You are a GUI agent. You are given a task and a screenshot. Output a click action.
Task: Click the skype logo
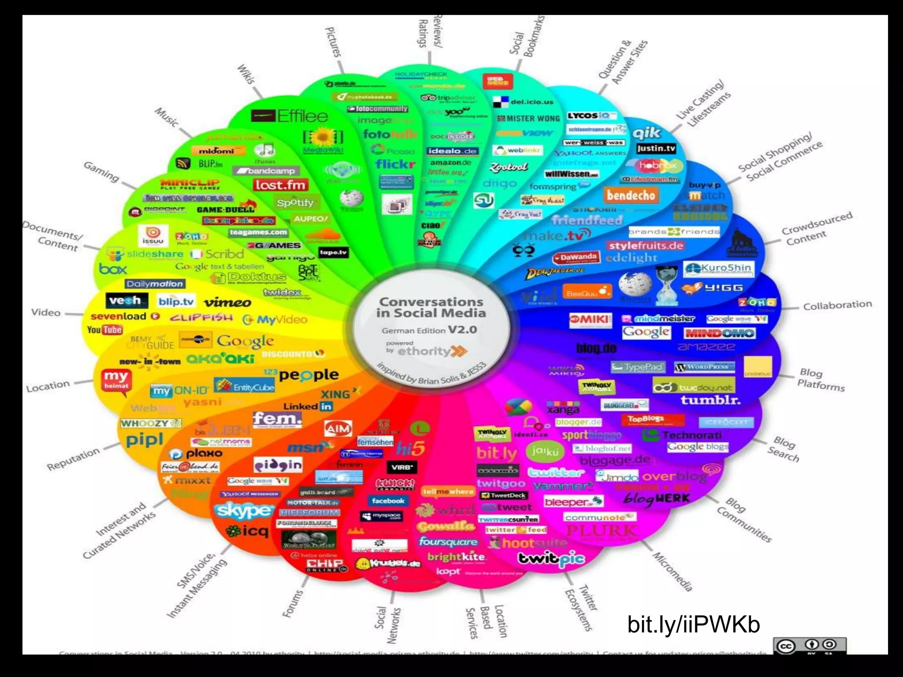[243, 510]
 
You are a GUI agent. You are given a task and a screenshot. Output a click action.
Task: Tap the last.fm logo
[280, 185]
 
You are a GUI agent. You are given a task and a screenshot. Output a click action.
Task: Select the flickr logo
[395, 164]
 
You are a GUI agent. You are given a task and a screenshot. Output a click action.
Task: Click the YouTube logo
[104, 330]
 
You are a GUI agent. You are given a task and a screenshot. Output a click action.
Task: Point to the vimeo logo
[228, 302]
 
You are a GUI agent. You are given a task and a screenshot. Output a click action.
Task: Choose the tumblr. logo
[710, 400]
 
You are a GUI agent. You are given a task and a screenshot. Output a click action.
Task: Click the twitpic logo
[551, 559]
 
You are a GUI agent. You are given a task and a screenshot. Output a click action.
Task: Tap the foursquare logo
[448, 541]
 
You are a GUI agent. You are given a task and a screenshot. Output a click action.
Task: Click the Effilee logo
[290, 116]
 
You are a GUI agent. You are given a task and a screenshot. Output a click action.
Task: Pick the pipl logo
[144, 439]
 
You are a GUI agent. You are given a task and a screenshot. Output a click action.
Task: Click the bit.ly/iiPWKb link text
[694, 624]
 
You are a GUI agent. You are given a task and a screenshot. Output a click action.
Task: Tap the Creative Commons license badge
[809, 646]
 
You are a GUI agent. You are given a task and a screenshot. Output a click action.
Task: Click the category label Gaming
[101, 171]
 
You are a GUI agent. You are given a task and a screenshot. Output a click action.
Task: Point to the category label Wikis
[246, 74]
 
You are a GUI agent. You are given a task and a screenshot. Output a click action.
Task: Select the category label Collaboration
[837, 305]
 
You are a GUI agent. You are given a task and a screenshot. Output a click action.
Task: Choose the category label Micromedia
[672, 571]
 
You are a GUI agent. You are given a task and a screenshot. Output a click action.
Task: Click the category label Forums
[293, 603]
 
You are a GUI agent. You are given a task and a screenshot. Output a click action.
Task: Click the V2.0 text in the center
[462, 330]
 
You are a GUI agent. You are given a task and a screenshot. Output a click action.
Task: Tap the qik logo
[646, 133]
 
